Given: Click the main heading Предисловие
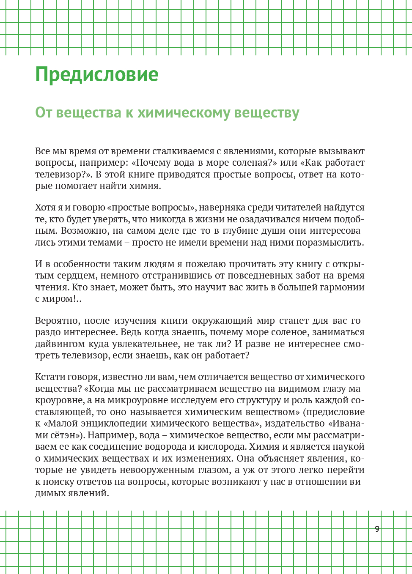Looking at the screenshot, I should pos(96,75).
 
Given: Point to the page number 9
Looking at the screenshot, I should pos(377,529).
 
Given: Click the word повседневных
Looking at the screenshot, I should pos(258,276).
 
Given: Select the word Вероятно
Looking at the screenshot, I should pos(57,321).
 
